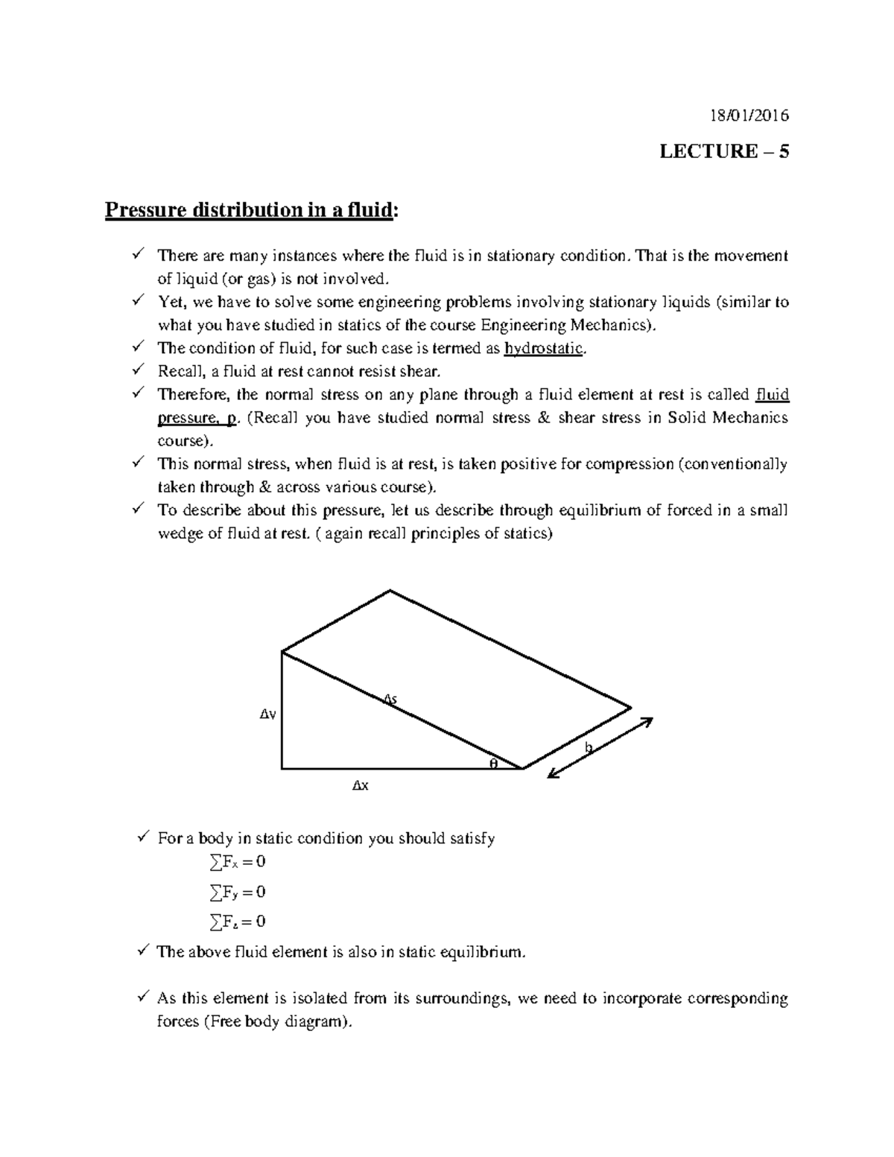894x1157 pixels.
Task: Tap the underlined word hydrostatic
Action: pyautogui.click(x=544, y=349)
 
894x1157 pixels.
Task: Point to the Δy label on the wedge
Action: pyautogui.click(x=267, y=714)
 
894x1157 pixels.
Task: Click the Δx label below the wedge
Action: pyautogui.click(x=360, y=785)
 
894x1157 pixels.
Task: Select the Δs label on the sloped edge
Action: pyautogui.click(x=390, y=698)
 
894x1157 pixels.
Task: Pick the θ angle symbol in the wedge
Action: pyautogui.click(x=492, y=763)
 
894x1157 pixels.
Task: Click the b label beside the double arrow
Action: pyautogui.click(x=589, y=747)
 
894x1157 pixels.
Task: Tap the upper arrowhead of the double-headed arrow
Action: pyautogui.click(x=647, y=722)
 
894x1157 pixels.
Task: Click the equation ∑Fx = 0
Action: pyautogui.click(x=238, y=862)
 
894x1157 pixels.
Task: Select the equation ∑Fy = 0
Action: pyautogui.click(x=238, y=892)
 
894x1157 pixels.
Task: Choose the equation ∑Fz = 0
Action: pyautogui.click(x=238, y=922)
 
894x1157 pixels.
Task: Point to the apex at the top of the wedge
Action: pyautogui.click(x=390, y=591)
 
